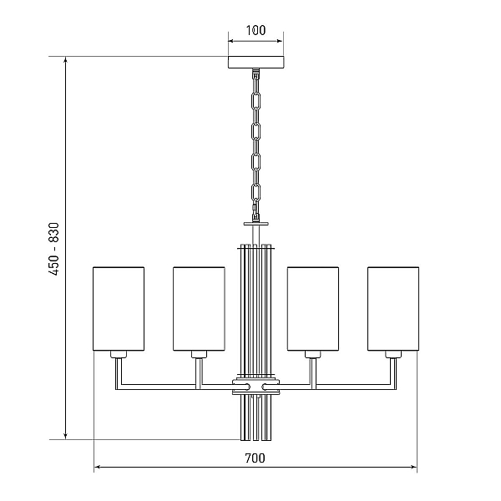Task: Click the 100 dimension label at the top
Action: pos(256,30)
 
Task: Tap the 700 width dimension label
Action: pos(255,458)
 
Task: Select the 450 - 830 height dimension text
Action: pos(54,249)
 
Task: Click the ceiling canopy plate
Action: pos(256,62)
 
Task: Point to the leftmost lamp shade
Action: pos(119,309)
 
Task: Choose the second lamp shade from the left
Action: pos(199,309)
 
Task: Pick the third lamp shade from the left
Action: pos(313,309)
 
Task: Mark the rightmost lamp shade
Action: pos(393,309)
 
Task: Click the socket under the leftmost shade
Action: pos(119,354)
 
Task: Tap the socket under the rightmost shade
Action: pos(393,354)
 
